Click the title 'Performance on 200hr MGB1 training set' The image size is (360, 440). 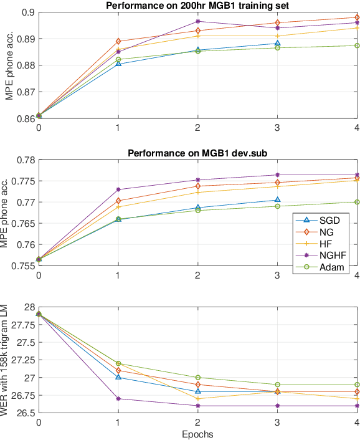(x=197, y=6)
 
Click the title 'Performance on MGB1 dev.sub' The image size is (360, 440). (x=197, y=153)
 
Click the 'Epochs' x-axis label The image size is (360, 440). (x=197, y=434)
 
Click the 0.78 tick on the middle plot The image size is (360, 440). (x=24, y=160)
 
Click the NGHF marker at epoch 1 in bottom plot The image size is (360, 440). (x=118, y=399)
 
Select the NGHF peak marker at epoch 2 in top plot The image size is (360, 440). (x=197, y=21)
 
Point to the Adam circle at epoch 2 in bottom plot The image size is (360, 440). (x=197, y=378)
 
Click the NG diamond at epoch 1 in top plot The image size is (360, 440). (x=118, y=41)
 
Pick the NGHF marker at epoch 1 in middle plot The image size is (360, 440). (x=118, y=189)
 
